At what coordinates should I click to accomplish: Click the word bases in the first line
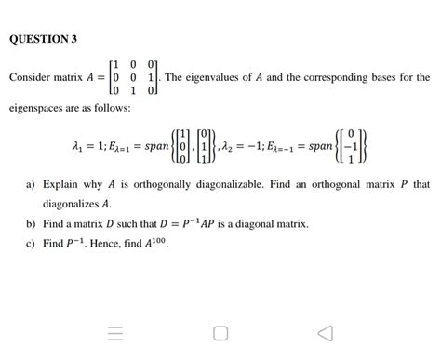coord(387,79)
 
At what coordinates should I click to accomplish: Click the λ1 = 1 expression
coord(88,148)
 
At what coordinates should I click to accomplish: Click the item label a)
coord(32,185)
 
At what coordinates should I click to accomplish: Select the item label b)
coord(32,224)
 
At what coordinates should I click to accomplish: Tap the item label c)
coord(32,244)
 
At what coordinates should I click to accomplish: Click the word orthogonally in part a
coord(151,185)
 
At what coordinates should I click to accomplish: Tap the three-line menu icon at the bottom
coord(114,332)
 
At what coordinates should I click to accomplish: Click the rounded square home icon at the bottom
coord(220,332)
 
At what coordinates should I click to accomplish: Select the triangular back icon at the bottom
coord(324,332)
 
